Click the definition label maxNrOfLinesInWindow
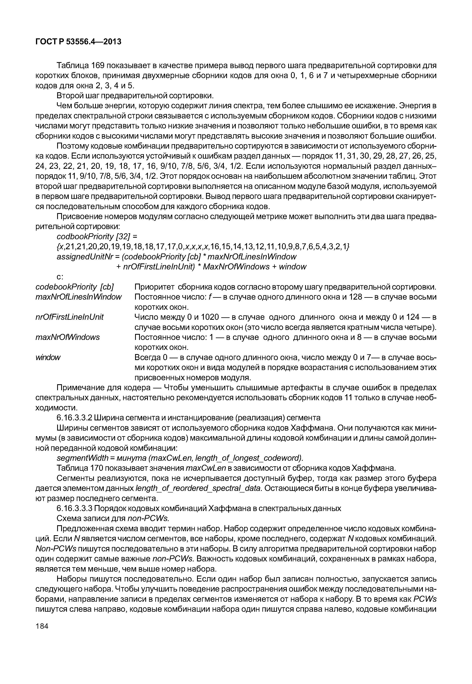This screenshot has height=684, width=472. (x=78, y=297)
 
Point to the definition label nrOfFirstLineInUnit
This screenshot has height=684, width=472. (x=70, y=317)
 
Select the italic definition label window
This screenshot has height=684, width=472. (x=48, y=357)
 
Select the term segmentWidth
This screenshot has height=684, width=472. (x=82, y=458)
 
